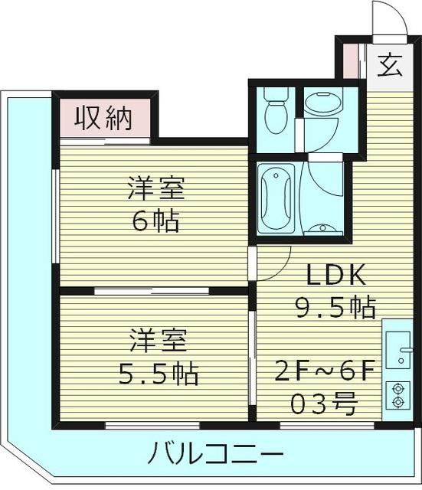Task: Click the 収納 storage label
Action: click(x=103, y=118)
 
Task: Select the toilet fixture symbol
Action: click(x=273, y=111)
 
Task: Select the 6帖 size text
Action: click(x=156, y=221)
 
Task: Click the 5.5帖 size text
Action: click(x=158, y=374)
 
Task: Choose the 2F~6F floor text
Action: click(x=325, y=373)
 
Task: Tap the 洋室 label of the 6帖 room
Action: click(x=157, y=188)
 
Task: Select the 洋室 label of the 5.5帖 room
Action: click(x=158, y=339)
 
